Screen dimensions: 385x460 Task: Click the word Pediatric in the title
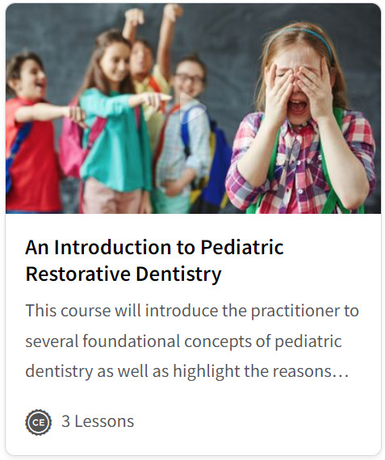click(x=242, y=247)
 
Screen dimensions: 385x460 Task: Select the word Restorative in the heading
click(x=78, y=274)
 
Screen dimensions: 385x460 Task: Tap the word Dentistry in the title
click(x=178, y=275)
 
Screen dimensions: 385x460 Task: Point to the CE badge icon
click(x=39, y=422)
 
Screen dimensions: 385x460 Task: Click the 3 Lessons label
click(x=98, y=421)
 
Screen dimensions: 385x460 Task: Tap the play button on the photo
click(x=191, y=107)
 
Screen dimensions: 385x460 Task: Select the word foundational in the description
click(x=131, y=341)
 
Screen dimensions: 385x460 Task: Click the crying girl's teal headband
click(x=301, y=38)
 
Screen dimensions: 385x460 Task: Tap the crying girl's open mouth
click(x=297, y=107)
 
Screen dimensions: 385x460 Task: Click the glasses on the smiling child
click(x=190, y=78)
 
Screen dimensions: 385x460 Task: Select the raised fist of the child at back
click(x=133, y=17)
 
